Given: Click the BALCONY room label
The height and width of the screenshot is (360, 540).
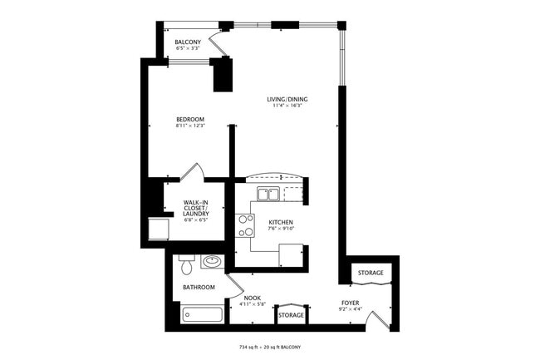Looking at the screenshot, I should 188,42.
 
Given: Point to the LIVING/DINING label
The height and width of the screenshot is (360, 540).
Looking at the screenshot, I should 287,99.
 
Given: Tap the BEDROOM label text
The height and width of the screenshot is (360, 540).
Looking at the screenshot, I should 190,120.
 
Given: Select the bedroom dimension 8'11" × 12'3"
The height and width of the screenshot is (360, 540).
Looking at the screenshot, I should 190,126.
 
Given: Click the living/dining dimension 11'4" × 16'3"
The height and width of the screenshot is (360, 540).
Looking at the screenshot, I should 287,106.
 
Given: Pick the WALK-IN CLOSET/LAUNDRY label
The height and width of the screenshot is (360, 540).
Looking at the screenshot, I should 196,208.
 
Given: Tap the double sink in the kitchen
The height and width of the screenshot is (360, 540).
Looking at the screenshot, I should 268,195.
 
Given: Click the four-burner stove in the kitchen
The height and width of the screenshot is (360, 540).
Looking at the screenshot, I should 246,225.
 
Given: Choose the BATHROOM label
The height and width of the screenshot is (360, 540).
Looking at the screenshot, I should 199,288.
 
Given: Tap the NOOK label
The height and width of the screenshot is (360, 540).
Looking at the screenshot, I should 253,298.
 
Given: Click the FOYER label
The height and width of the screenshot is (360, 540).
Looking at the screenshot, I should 351,302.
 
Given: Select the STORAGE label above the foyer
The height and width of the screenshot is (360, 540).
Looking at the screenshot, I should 371,274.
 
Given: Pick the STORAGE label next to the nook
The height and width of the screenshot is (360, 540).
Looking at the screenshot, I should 291,316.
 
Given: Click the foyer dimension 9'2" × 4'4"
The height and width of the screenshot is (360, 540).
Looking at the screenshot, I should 351,309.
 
